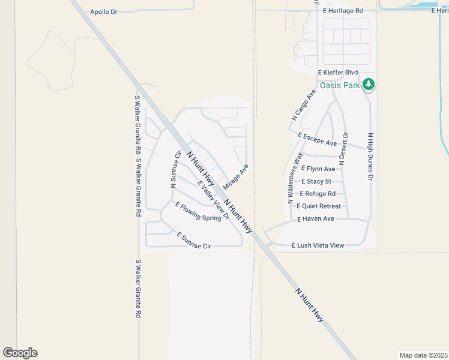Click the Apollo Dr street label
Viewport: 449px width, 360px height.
point(103,11)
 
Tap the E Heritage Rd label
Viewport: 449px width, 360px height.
point(343,11)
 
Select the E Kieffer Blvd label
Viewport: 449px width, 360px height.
point(337,73)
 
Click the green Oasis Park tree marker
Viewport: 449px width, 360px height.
point(369,85)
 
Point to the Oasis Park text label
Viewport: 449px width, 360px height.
point(340,85)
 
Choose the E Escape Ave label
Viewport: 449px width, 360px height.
point(317,139)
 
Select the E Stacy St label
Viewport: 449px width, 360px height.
point(316,181)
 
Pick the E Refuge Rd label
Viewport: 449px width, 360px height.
point(318,194)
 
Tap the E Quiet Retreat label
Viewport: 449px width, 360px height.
point(319,206)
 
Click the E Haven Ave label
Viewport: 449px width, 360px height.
point(316,219)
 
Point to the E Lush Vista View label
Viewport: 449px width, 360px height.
point(318,245)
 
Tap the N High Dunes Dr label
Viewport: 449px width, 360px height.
point(370,157)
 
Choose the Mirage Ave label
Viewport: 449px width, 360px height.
point(235,177)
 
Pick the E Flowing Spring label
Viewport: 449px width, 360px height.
point(198,212)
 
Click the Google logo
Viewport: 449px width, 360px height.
point(20,353)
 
